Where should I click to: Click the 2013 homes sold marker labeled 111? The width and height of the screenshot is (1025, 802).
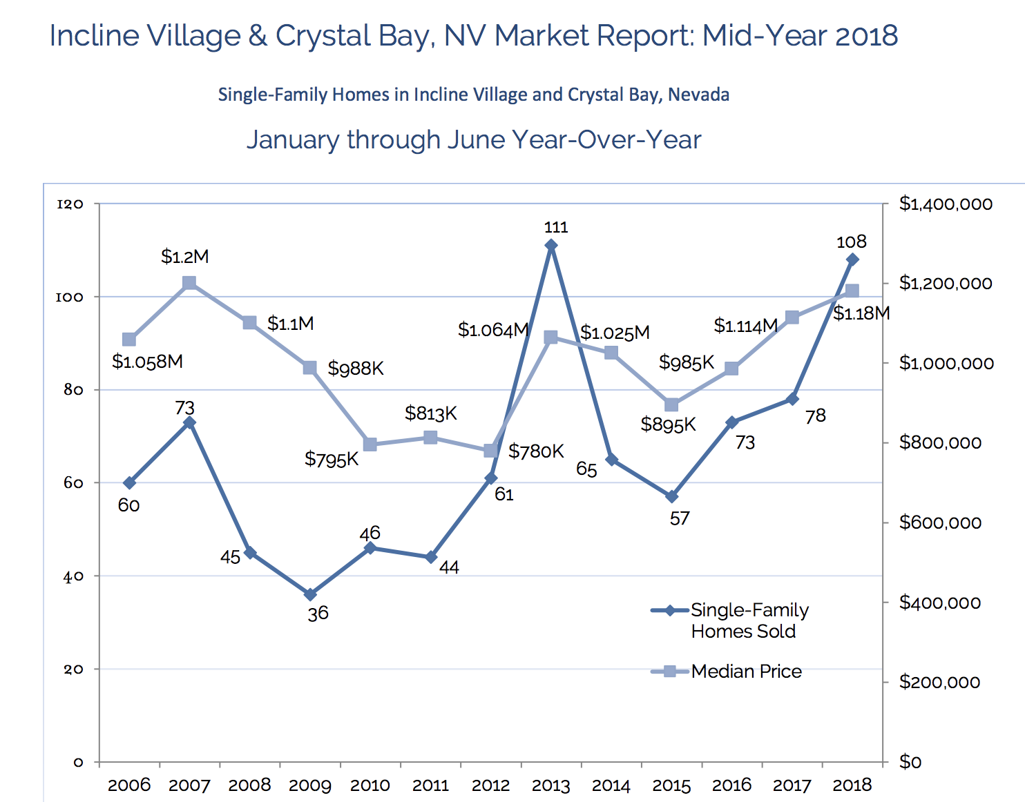[551, 245]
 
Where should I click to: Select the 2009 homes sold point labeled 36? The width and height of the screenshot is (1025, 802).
[310, 594]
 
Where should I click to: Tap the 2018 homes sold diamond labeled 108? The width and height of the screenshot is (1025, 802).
[852, 260]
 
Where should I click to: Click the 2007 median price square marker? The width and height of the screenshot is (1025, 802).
[189, 283]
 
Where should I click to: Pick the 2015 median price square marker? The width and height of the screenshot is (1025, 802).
[671, 404]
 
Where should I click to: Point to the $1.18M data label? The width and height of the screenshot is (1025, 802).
[861, 313]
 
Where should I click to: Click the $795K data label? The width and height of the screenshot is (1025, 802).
[332, 459]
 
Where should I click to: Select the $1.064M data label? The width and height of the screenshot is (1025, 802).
[493, 330]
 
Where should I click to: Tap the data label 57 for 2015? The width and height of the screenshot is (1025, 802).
[680, 518]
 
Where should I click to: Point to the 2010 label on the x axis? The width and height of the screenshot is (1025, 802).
[370, 785]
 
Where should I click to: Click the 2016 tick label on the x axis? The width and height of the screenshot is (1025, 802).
[731, 785]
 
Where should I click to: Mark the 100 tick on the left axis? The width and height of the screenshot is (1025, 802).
[69, 297]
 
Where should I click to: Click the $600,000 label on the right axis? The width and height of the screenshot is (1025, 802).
[939, 522]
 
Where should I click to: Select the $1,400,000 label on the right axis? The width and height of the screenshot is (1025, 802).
[946, 204]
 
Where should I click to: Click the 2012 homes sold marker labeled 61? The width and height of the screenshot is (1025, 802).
[490, 478]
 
